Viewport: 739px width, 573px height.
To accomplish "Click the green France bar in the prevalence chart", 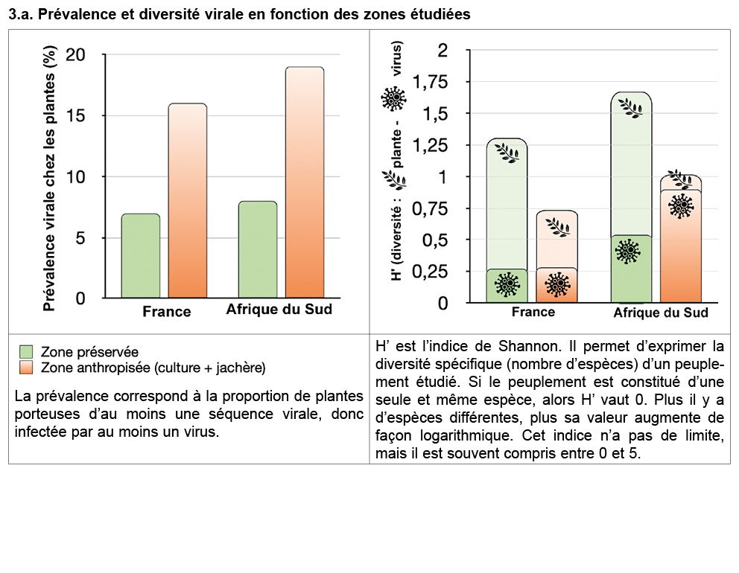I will pos(141,256).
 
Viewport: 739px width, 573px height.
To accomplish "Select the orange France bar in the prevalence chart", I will pos(187,201).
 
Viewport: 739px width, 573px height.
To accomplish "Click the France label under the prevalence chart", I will pos(167,311).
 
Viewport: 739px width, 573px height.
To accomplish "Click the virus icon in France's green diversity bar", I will pos(508,285).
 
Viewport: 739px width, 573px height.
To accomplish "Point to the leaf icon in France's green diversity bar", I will pos(508,154).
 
